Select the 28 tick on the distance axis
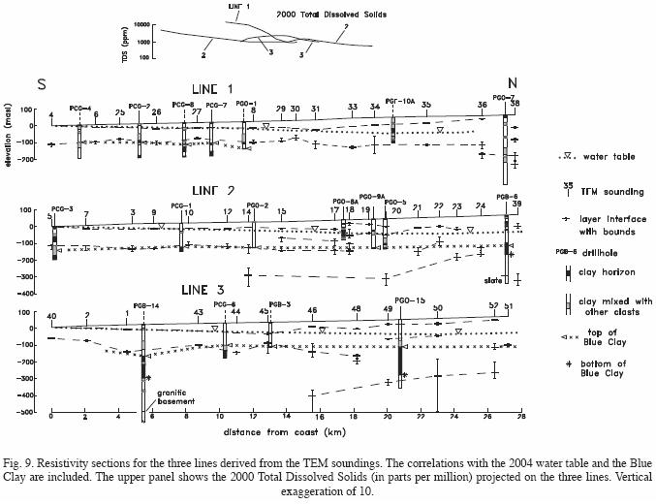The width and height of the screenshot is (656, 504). pyautogui.click(x=521, y=416)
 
